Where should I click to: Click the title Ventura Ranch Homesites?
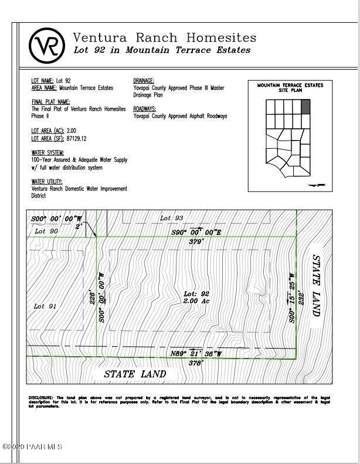(164, 37)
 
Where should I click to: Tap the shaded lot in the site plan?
(305, 106)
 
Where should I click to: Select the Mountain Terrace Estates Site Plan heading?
(290, 88)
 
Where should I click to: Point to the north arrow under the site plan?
(316, 185)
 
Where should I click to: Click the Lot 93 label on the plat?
(172, 218)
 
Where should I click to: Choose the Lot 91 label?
(45, 306)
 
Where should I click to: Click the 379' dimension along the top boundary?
(195, 241)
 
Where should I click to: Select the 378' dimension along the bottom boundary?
(195, 363)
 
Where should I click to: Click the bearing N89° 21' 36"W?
(196, 354)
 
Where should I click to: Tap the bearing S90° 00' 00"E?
(196, 232)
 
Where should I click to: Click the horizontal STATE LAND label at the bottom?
(135, 374)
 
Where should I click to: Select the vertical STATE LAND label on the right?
(317, 285)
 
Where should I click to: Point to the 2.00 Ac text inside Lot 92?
(196, 301)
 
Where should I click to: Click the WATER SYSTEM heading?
(47, 152)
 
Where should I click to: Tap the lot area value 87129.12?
(76, 139)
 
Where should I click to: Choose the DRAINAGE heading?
(144, 80)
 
